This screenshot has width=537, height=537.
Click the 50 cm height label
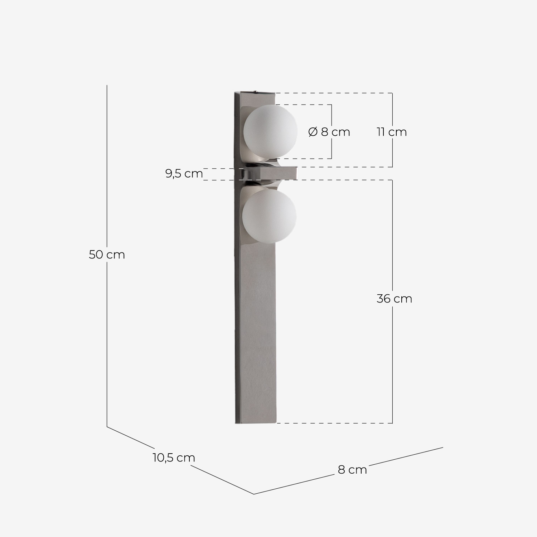[107, 255]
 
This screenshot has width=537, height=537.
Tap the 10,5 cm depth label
[174, 458]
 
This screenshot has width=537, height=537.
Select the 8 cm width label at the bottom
[352, 470]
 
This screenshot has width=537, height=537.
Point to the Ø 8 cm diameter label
[329, 132]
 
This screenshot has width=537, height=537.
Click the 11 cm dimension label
[392, 132]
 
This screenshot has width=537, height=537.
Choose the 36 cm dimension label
[394, 299]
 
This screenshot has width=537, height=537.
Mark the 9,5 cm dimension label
[184, 174]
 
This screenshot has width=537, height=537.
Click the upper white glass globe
[270, 131]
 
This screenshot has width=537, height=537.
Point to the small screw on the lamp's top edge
[255, 92]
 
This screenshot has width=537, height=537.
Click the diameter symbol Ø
[313, 132]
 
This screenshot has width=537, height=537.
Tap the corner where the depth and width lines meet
[254, 494]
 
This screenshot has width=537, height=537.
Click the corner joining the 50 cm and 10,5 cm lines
[107, 426]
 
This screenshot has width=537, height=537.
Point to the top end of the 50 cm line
[107, 86]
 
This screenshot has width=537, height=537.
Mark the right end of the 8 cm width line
[443, 447]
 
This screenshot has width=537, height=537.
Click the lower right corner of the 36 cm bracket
[392, 423]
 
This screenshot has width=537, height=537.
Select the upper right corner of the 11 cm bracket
[392, 93]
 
